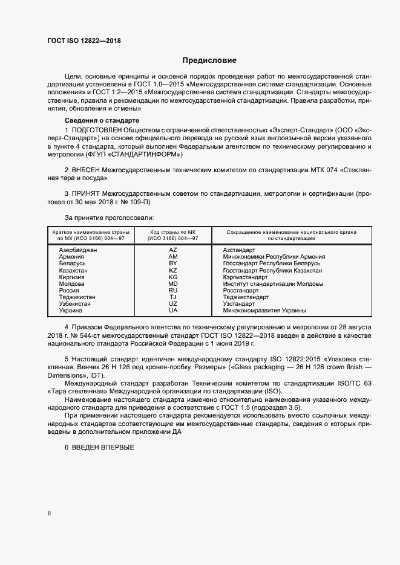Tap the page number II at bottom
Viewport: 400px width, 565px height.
(x=50, y=514)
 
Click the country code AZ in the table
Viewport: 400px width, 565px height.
(x=173, y=250)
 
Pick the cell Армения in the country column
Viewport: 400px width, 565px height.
(x=71, y=257)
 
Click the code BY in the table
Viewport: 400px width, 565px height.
(x=173, y=263)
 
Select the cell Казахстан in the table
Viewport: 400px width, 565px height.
(x=74, y=271)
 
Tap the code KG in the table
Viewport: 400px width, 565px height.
(x=173, y=277)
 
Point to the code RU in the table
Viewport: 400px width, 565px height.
(x=173, y=291)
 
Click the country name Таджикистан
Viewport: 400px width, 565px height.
(x=77, y=297)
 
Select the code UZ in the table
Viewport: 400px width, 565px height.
(x=173, y=304)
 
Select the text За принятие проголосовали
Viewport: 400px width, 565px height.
(x=109, y=217)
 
